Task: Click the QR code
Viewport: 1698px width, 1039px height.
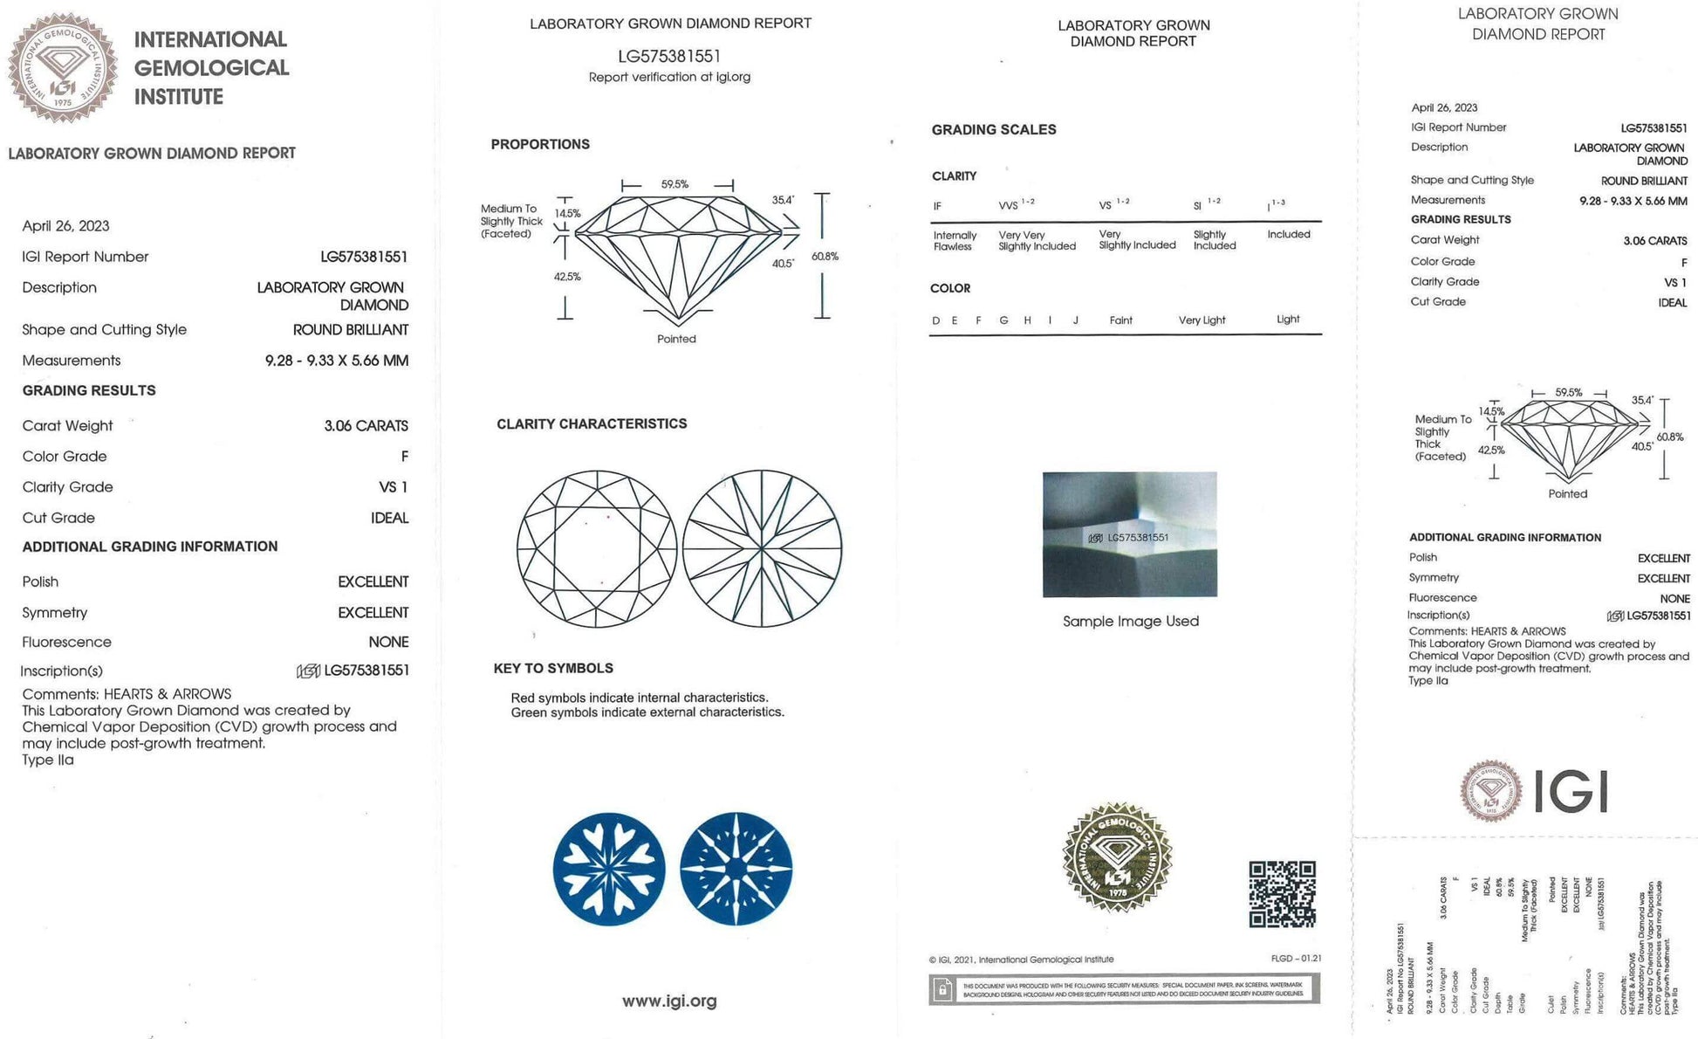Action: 1282,894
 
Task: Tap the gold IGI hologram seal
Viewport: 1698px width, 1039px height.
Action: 1116,857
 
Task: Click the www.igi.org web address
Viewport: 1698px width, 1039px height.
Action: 669,1001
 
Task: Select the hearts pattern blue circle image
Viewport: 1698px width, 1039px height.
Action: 609,869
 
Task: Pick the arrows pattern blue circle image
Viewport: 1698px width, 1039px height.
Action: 736,869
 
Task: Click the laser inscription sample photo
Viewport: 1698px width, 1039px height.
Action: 1129,534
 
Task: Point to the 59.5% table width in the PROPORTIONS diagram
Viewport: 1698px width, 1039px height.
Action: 674,184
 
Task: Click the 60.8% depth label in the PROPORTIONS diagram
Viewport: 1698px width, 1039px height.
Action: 825,256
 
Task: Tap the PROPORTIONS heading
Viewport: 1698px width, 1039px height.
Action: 540,144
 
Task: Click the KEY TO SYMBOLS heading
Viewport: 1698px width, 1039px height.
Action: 553,668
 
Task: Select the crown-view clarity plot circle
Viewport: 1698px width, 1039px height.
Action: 597,549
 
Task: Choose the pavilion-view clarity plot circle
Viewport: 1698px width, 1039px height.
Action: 762,549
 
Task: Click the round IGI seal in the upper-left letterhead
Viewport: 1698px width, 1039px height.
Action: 63,67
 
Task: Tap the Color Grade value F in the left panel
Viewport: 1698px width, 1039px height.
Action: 404,457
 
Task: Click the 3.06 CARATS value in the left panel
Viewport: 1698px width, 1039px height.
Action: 366,426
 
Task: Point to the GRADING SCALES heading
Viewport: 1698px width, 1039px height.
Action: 994,129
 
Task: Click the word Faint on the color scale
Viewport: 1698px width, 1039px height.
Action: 1120,320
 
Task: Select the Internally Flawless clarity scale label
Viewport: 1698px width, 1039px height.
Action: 955,241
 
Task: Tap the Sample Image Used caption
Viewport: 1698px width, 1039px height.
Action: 1130,621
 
